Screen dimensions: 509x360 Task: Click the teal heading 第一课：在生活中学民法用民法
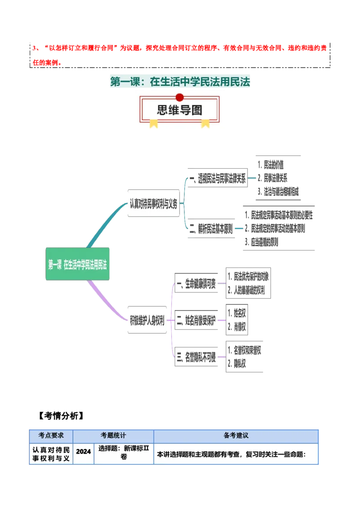coord(180,82)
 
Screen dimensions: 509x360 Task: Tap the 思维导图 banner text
coord(180,110)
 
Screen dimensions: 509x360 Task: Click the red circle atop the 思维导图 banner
coord(180,97)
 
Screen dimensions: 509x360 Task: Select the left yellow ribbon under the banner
coord(154,123)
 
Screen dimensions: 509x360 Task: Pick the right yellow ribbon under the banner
coord(205,123)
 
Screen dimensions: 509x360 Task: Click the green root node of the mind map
coord(78,264)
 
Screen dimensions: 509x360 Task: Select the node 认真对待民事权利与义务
coord(153,204)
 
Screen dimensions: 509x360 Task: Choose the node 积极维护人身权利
coord(147,321)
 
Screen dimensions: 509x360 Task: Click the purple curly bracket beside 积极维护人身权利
coord(171,320)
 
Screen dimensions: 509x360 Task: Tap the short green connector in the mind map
coord(221,284)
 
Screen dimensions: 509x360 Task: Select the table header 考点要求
coord(51,436)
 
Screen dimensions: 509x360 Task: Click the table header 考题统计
coord(113,436)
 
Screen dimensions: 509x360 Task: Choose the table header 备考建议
coord(236,436)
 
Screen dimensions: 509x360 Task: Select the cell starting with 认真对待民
coord(51,453)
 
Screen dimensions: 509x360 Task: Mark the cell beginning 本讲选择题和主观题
coord(231,454)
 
